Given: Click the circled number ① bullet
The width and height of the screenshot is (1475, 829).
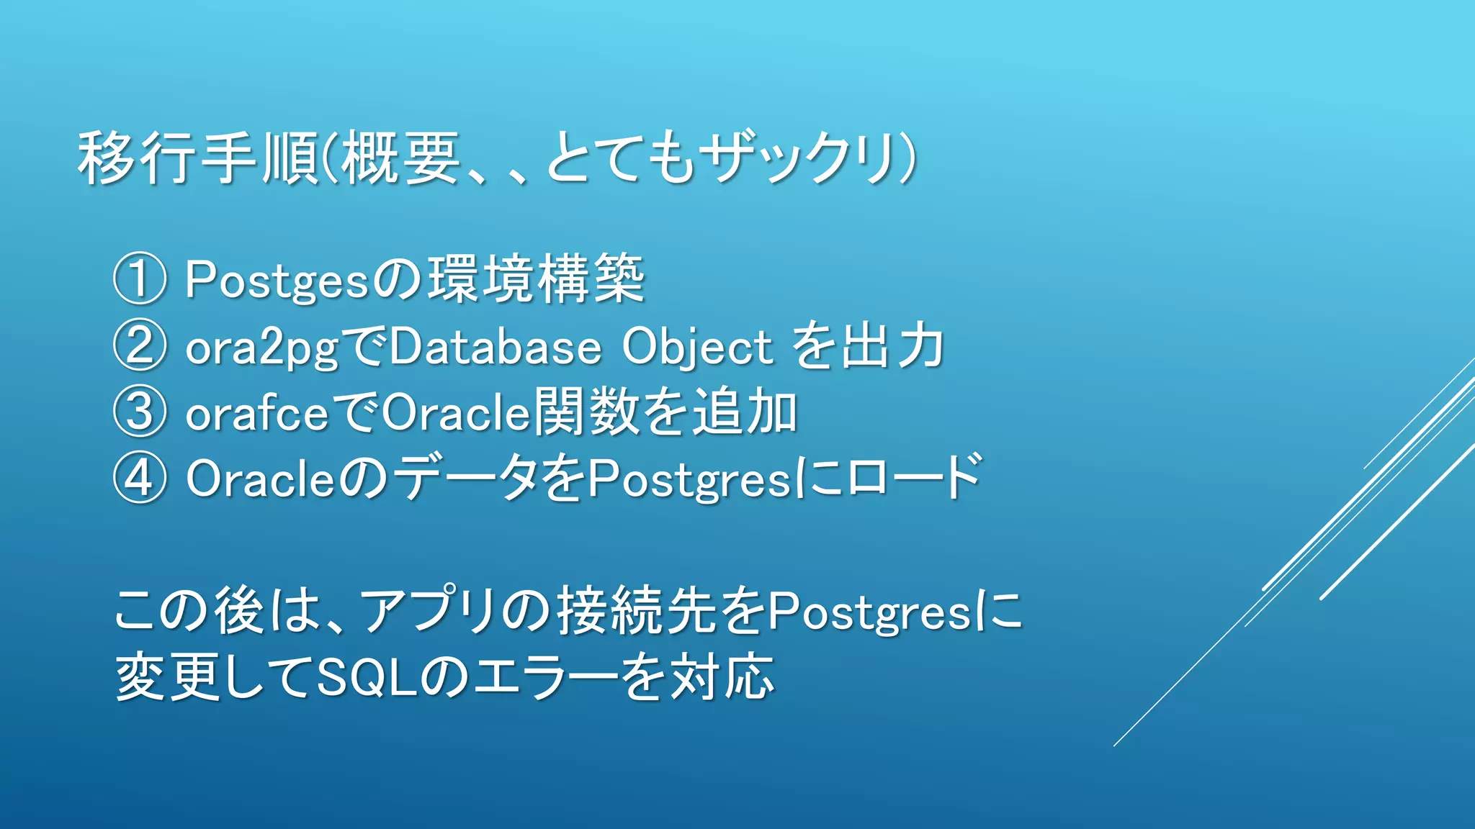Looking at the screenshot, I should [x=140, y=278].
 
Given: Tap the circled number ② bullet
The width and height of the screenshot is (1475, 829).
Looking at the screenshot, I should [x=140, y=345].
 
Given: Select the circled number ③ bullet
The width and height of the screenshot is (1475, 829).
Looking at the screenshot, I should [x=140, y=412].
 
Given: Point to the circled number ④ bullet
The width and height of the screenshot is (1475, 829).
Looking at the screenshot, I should [x=140, y=478].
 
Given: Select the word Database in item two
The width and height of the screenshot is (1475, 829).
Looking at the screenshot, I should [x=495, y=346].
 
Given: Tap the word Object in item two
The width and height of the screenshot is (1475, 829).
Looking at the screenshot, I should [x=696, y=348].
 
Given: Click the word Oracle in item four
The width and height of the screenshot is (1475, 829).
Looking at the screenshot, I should [x=261, y=479].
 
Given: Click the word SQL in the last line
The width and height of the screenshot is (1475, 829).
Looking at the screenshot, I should [x=367, y=677].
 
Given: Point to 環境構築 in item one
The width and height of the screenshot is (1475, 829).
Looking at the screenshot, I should [x=536, y=279].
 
